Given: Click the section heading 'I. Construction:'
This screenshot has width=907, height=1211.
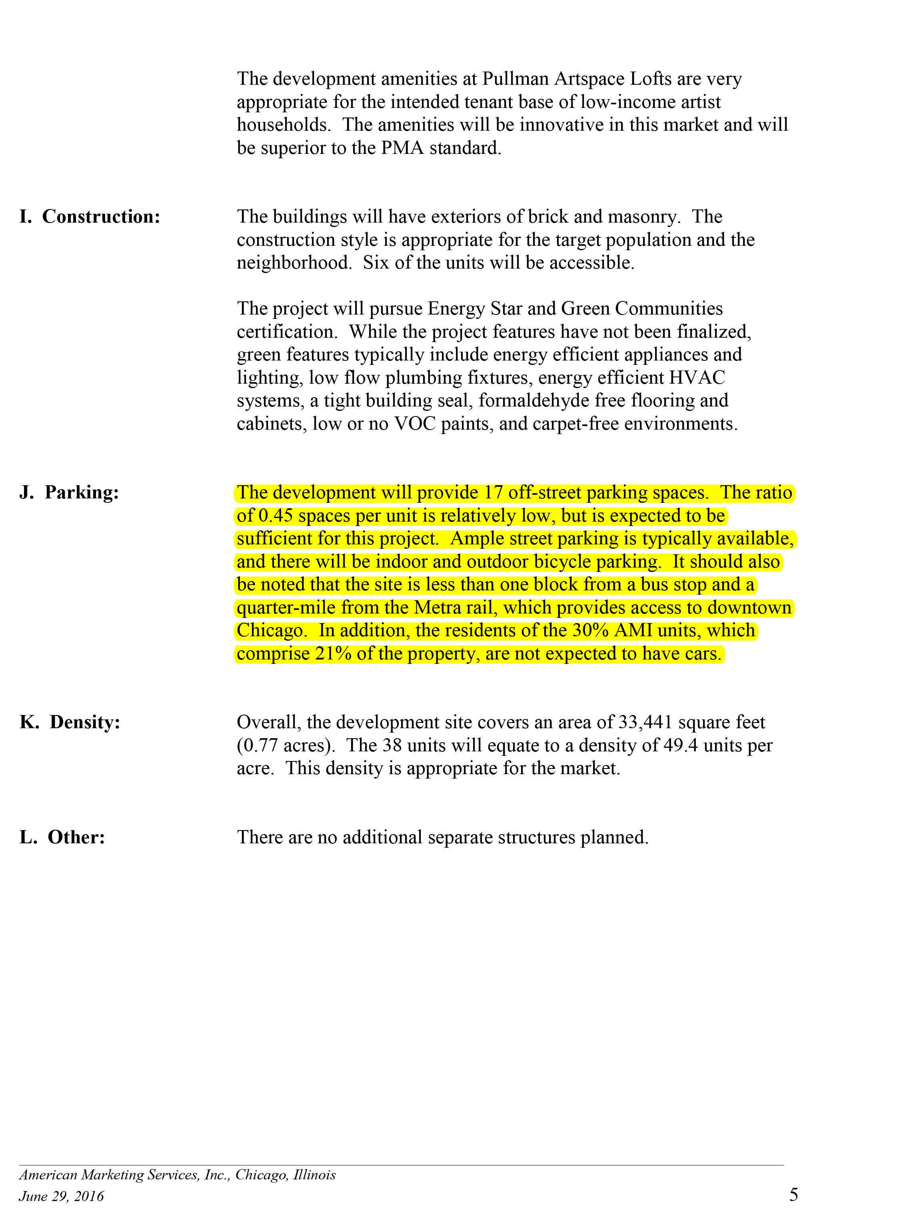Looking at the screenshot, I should click(x=90, y=217).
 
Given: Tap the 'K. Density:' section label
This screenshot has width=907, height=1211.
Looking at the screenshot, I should click(x=70, y=722).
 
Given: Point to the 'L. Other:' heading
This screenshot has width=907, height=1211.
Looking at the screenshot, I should click(x=62, y=837).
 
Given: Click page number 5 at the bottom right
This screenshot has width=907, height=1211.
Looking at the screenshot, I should click(x=793, y=1193).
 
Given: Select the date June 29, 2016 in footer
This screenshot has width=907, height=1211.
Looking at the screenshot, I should click(x=61, y=1196).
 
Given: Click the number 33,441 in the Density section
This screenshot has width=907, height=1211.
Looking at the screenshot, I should click(x=645, y=722).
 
